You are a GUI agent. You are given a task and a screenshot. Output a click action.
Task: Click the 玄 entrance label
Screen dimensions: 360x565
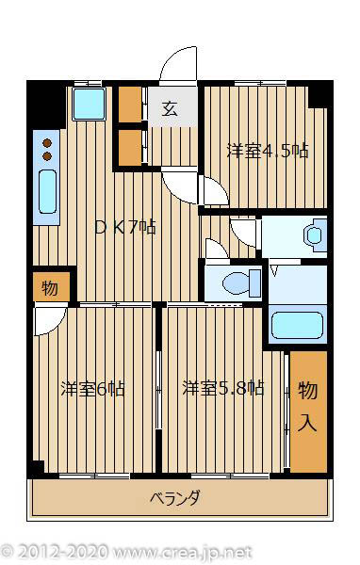(170, 109)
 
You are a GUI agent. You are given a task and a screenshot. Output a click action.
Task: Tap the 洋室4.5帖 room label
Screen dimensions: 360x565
(268, 151)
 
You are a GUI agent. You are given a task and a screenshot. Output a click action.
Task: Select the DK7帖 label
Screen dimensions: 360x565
(124, 227)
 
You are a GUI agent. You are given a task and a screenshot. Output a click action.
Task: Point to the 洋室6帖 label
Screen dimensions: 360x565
(92, 389)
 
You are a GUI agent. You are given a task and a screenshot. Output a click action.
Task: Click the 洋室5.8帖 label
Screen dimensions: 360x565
(223, 388)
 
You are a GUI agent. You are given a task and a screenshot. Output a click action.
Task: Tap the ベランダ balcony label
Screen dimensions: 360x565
(174, 498)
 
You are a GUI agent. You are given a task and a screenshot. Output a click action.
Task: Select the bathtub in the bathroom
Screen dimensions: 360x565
(297, 325)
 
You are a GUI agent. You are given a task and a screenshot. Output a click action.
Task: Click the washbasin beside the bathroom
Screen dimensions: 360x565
(315, 235)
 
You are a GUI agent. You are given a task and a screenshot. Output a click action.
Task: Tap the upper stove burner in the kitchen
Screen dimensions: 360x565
(47, 143)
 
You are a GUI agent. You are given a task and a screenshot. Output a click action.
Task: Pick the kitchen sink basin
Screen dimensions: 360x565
(48, 191)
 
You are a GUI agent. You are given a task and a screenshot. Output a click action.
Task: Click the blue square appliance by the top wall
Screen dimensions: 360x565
(89, 104)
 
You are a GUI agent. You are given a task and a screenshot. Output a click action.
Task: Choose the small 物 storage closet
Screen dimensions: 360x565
(51, 287)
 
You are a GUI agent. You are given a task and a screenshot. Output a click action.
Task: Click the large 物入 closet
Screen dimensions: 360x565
(308, 412)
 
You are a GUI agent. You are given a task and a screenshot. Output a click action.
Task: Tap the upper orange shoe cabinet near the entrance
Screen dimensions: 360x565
(130, 105)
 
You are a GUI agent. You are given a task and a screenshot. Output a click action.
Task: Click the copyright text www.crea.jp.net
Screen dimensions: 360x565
(182, 553)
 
